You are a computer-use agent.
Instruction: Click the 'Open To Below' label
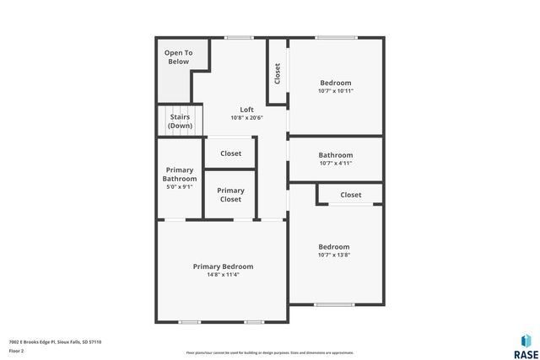(x=178, y=57)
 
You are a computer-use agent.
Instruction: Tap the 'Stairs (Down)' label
(x=180, y=121)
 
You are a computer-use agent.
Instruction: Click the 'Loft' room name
(x=246, y=110)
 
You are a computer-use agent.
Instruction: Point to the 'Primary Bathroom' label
(x=180, y=175)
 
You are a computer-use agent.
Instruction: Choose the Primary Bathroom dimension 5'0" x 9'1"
(x=180, y=187)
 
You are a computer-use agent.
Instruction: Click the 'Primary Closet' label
(x=230, y=195)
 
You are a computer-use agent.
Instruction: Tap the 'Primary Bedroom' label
(x=223, y=266)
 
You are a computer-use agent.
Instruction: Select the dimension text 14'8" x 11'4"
(x=223, y=275)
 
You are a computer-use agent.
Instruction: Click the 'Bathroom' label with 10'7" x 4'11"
(x=335, y=155)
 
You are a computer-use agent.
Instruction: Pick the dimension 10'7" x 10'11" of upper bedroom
(x=335, y=91)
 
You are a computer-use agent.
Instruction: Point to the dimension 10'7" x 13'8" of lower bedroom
(x=334, y=255)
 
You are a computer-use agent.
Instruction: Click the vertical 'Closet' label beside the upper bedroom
(x=278, y=73)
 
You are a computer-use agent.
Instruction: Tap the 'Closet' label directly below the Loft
(x=230, y=153)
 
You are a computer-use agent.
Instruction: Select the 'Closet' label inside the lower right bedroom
(x=351, y=195)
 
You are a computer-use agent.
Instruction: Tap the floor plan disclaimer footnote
(x=269, y=352)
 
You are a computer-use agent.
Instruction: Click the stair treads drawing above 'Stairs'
(x=180, y=110)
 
